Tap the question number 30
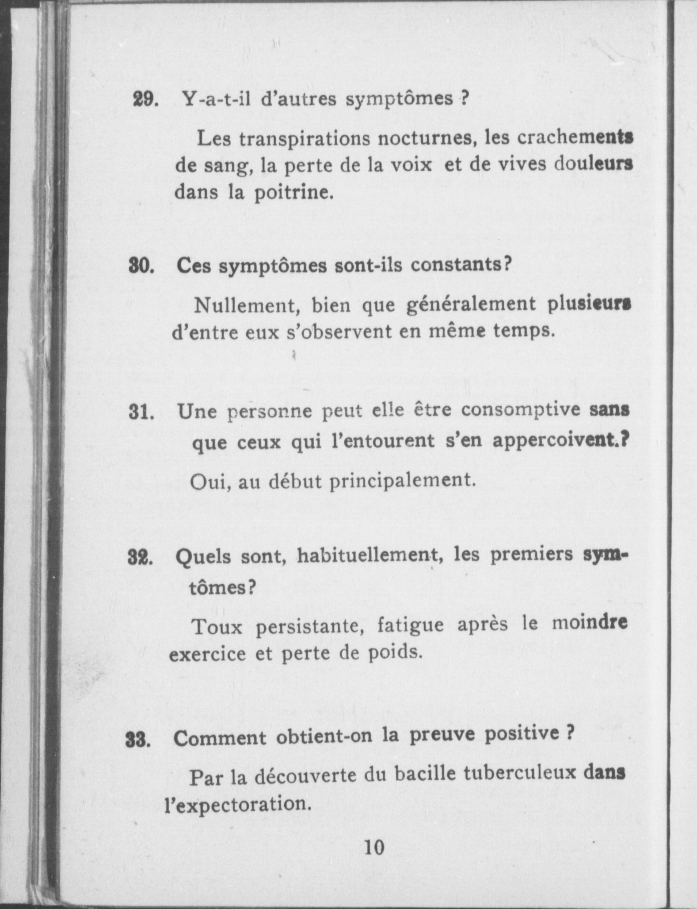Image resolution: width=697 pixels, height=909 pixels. tap(142, 267)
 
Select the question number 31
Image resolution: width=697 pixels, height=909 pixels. tap(142, 412)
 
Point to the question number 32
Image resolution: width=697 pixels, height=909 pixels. tap(140, 558)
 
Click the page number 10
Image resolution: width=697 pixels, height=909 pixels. tap(374, 847)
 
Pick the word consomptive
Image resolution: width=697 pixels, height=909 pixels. tap(521, 410)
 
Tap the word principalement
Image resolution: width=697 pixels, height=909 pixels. tap(402, 481)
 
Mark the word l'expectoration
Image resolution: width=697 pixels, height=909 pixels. tap(238, 804)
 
